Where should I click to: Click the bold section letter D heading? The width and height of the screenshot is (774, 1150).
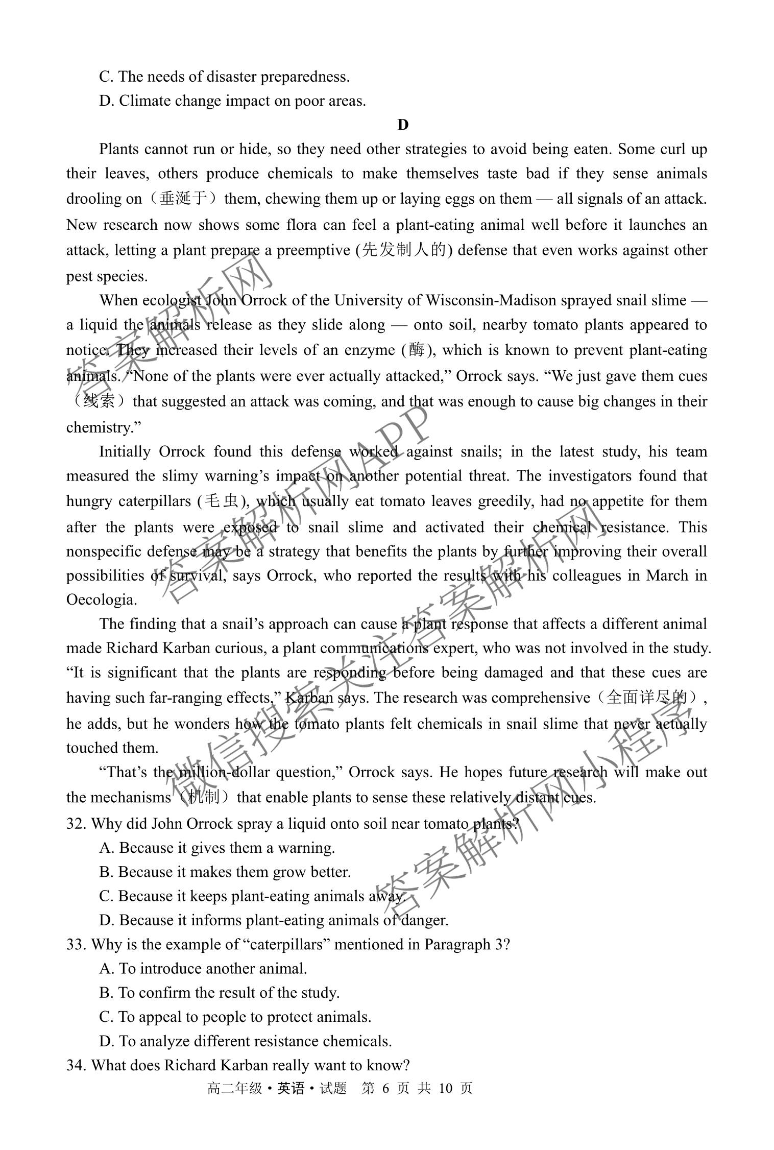tap(402, 125)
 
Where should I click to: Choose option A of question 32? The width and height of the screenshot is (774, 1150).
tap(217, 847)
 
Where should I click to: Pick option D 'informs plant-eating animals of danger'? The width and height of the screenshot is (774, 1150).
tap(274, 920)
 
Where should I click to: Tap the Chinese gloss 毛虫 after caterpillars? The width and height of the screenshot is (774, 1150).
tap(221, 501)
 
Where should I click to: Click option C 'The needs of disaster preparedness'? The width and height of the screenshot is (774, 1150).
tap(225, 77)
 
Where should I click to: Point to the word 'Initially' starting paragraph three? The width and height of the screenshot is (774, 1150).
tap(125, 451)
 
